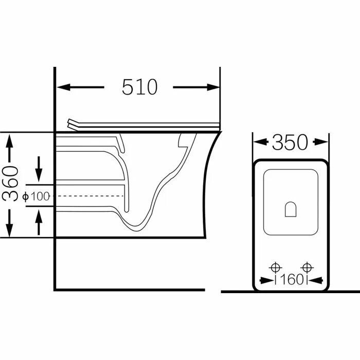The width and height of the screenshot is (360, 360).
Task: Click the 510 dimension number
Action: point(139,87)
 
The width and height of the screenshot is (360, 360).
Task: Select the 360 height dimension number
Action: point(10,184)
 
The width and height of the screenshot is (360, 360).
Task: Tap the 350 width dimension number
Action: point(290,142)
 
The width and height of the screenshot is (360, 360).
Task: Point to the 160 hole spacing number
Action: point(292,280)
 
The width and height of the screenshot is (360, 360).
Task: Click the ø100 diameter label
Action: point(37,196)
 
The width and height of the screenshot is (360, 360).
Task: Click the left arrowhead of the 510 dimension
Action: point(64,87)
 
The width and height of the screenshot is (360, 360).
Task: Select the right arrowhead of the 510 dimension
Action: point(213,87)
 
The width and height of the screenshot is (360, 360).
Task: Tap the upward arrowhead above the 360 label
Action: point(9,141)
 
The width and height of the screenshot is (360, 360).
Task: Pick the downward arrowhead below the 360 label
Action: point(9,230)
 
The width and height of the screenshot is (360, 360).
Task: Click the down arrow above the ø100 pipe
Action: point(39,169)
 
